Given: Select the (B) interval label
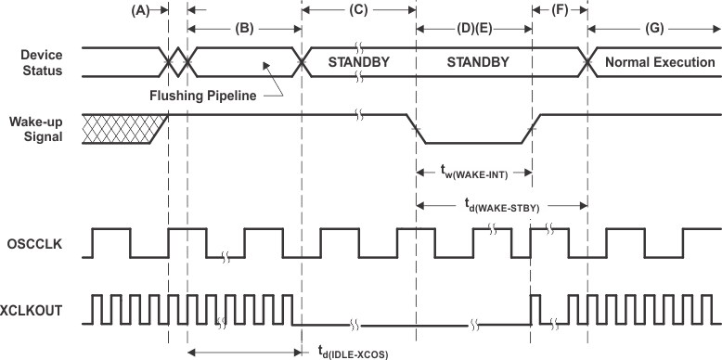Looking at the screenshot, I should point(245,29).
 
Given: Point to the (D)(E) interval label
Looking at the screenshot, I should point(473,29).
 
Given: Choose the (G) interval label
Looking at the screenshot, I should point(654,29).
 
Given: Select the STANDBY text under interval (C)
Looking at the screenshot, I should point(359,63).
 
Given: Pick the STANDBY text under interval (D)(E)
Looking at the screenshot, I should point(473,63).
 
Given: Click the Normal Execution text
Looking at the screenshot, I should point(660,63).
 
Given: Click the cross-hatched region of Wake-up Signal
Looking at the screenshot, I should point(121,128).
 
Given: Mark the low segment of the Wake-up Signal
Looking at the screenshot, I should point(473,143).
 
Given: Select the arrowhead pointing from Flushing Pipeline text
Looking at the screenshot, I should point(264,65).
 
